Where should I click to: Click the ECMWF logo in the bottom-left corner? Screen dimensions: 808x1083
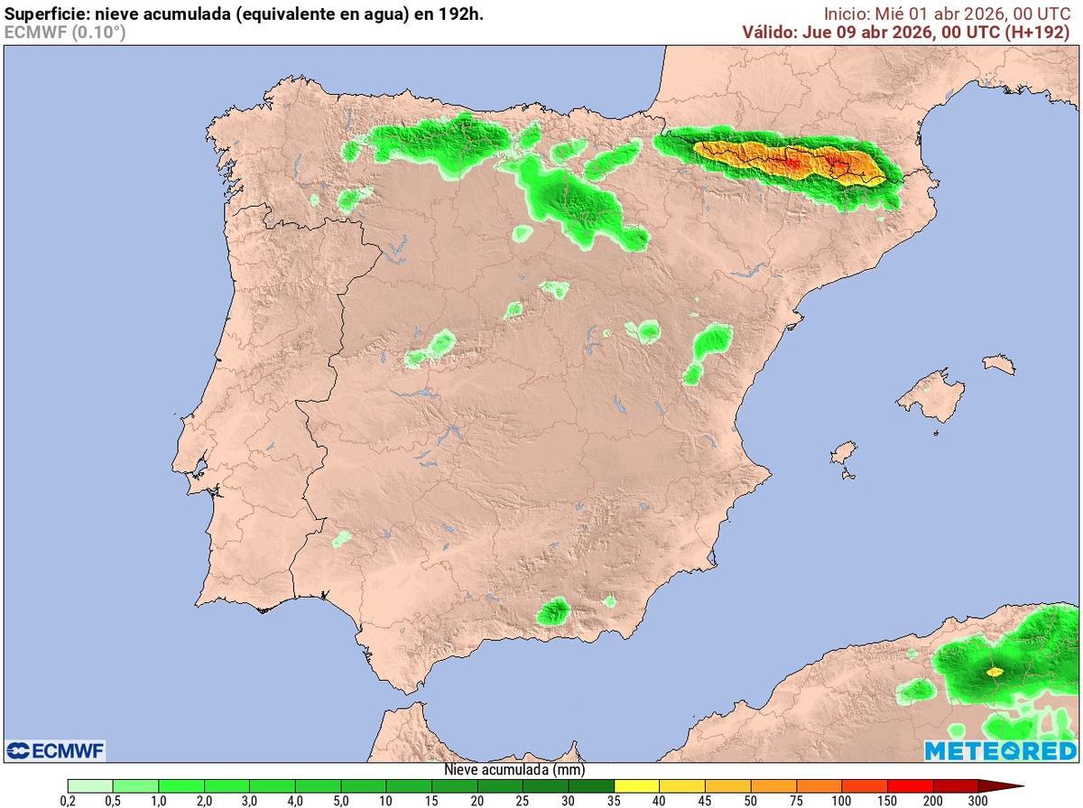tap(56, 750)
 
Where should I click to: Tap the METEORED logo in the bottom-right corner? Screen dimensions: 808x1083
tap(1000, 750)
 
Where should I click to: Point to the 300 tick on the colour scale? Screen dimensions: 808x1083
tap(977, 801)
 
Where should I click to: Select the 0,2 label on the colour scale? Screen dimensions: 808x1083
tap(68, 801)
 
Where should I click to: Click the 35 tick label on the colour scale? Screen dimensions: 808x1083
tap(615, 801)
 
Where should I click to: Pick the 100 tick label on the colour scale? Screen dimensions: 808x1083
tap(841, 801)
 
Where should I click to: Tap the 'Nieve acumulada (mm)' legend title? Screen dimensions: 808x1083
tap(514, 770)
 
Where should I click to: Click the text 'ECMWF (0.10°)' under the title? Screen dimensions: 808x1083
tap(65, 32)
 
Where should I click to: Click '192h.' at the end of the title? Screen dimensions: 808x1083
tap(461, 14)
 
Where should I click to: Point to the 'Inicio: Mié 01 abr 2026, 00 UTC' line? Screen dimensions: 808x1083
tap(947, 14)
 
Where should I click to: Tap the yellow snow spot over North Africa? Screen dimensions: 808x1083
tap(995, 671)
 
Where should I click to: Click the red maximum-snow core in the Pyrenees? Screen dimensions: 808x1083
tap(791, 164)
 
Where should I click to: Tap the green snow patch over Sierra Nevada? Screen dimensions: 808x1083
tap(552, 612)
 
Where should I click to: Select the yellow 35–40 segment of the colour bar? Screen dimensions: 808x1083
tap(637, 785)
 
